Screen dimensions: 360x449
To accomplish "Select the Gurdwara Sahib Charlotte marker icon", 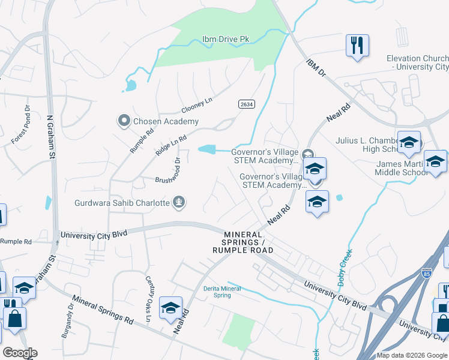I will pos(178,203).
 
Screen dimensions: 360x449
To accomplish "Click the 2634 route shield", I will pos(246,104).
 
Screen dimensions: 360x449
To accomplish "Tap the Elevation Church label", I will pos(418,62).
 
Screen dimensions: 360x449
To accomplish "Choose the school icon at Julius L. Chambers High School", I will pos(409,143).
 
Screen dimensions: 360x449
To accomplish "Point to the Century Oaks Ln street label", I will pos(148,292).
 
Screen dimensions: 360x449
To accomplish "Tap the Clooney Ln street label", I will pos(197,107).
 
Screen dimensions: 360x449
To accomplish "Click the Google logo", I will pos(19,353).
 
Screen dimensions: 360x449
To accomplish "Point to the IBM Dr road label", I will pos(315,67).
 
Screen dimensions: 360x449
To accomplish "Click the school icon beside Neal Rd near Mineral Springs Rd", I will pos(170,308).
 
